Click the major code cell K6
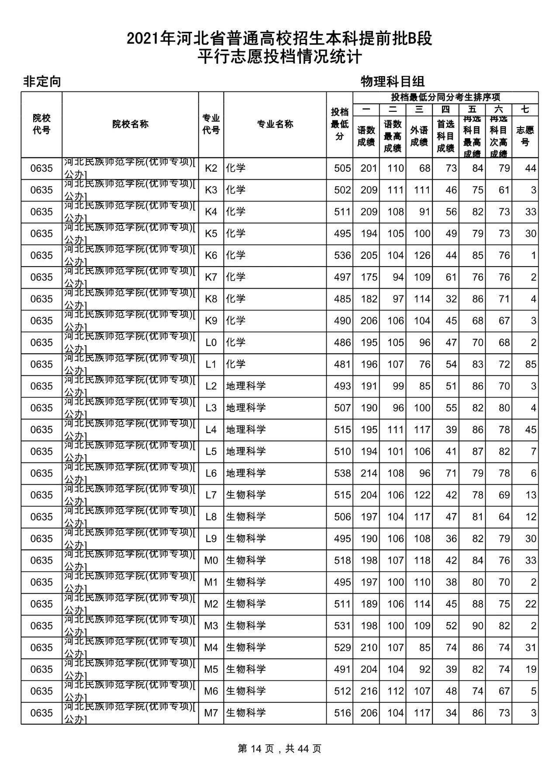[x=211, y=255]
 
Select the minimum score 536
[x=342, y=255]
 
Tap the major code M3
[x=211, y=626]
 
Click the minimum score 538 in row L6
[x=342, y=473]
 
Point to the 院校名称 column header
[x=130, y=124]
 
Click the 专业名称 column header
[x=275, y=124]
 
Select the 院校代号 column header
[x=41, y=124]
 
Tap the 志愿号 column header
[x=525, y=136]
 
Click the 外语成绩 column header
[x=419, y=136]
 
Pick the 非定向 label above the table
[x=42, y=82]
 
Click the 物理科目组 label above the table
[x=393, y=81]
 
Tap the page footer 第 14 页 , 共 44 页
[x=279, y=749]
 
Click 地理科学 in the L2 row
[x=246, y=386]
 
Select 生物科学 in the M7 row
[x=246, y=712]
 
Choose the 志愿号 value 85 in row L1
[x=531, y=364]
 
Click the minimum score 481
[x=342, y=364]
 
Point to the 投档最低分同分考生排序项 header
[x=445, y=97]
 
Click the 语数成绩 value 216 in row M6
[x=369, y=691]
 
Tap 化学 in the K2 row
[x=236, y=168]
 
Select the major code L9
[x=211, y=539]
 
